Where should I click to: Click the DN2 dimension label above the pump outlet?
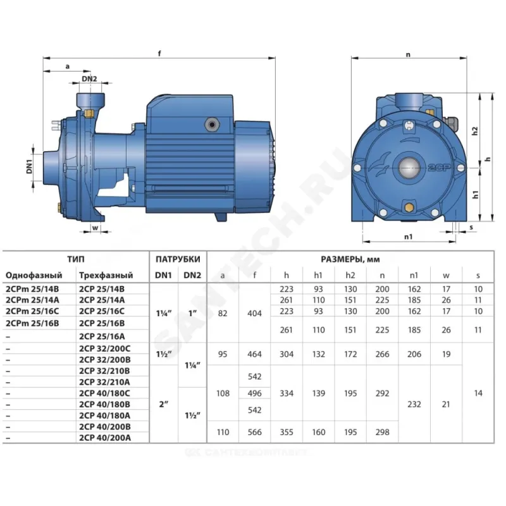click(x=89, y=78)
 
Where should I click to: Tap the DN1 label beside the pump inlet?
click(x=30, y=167)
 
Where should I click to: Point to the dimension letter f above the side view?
click(x=159, y=54)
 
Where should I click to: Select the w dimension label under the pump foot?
click(x=96, y=228)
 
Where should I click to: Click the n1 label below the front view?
click(x=408, y=237)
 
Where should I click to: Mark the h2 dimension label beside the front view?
click(x=475, y=131)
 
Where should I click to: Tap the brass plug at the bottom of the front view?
click(x=409, y=207)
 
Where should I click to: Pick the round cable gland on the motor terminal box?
click(x=212, y=125)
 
